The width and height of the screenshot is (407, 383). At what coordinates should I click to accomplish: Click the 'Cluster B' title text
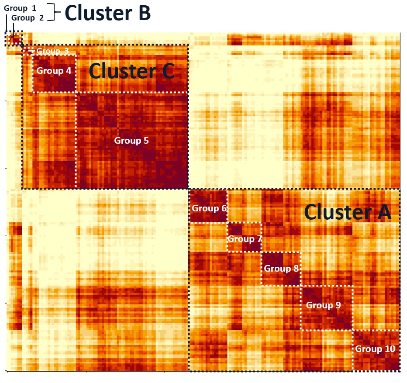click(x=107, y=13)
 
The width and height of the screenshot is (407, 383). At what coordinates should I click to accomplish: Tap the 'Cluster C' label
click(x=131, y=71)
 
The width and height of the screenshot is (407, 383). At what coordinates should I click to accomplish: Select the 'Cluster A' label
click(x=348, y=212)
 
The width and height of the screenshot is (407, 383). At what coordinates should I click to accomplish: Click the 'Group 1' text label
click(x=20, y=8)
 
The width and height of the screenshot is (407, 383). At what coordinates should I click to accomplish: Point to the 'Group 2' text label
click(x=28, y=17)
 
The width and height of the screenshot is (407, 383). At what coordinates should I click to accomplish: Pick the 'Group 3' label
click(x=53, y=51)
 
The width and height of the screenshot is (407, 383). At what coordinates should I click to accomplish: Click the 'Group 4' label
click(x=54, y=70)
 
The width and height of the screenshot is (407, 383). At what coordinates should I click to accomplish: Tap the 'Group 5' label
click(x=131, y=141)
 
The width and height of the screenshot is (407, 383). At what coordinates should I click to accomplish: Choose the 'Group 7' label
click(x=245, y=239)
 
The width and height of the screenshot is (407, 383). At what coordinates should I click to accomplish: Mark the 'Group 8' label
click(x=281, y=269)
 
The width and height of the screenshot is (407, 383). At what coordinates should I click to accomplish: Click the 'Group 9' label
click(x=323, y=305)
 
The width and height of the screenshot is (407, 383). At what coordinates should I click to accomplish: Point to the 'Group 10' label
click(x=375, y=348)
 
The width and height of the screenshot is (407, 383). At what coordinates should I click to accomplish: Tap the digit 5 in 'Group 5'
click(x=146, y=141)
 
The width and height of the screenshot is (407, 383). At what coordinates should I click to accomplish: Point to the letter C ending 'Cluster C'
click(x=166, y=71)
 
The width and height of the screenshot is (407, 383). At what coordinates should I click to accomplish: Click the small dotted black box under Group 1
click(x=13, y=39)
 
